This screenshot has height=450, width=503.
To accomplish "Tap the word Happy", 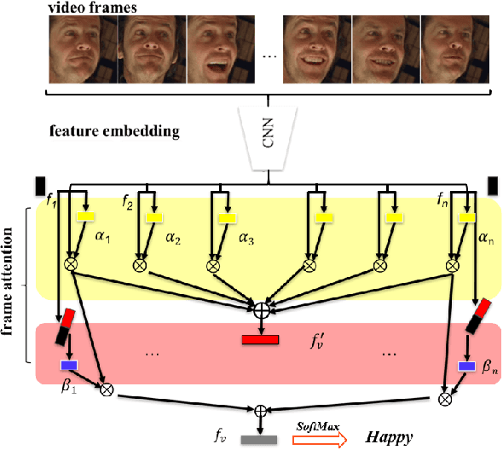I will [390, 437].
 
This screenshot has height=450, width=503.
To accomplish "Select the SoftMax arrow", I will [321, 437].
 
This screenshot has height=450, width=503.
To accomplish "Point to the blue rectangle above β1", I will [68, 366].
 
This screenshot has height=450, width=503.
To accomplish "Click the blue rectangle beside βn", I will [465, 366].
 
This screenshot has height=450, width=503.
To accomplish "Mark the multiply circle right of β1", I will [107, 390].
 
